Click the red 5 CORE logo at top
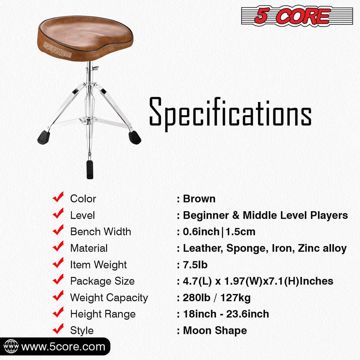(x=297, y=16)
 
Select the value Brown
(x=199, y=199)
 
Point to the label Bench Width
(x=100, y=232)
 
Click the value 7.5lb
(x=195, y=265)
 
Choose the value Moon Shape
(x=215, y=331)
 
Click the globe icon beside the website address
(x=11, y=346)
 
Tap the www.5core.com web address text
(x=63, y=347)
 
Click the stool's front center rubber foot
(x=90, y=169)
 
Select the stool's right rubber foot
(x=135, y=137)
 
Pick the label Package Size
(x=102, y=281)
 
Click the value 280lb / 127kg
(x=217, y=298)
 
